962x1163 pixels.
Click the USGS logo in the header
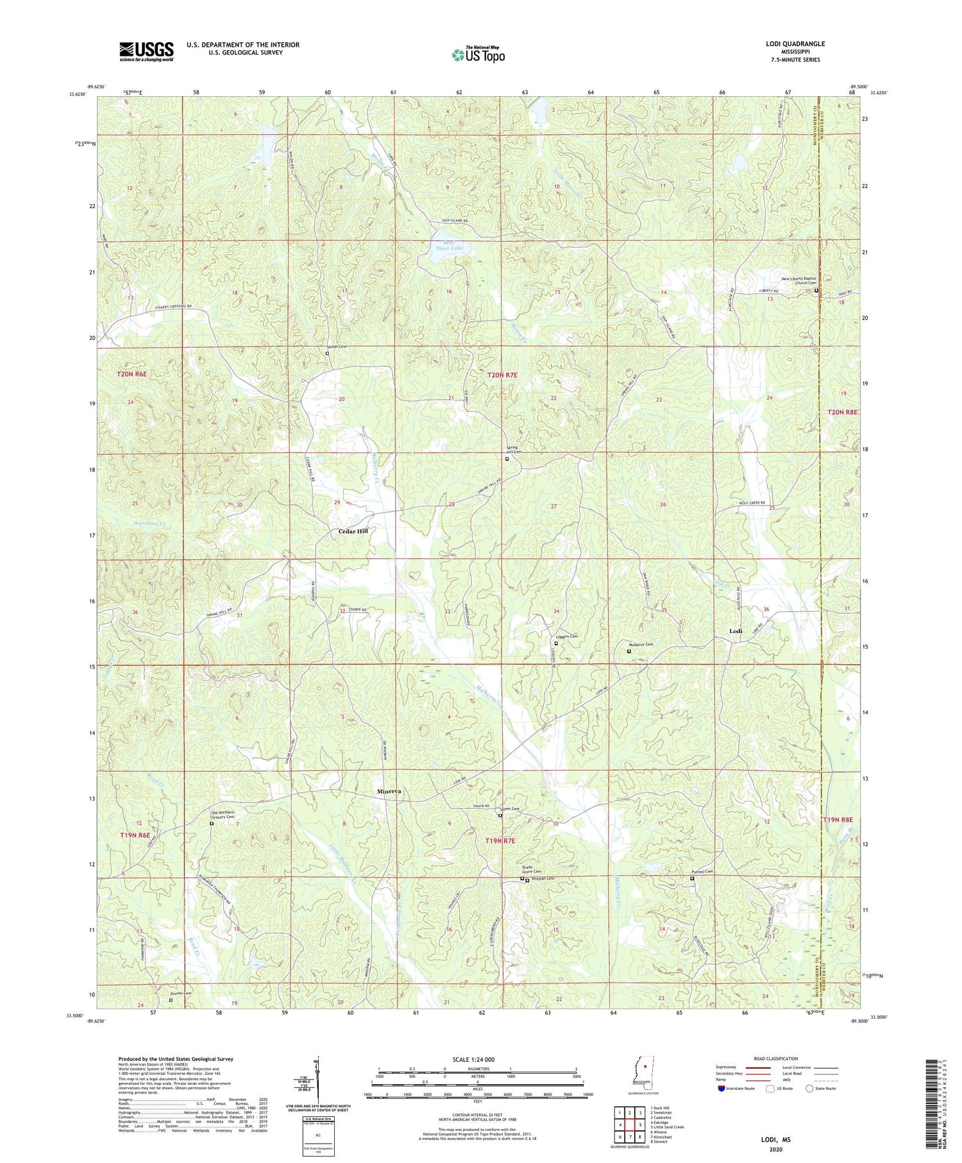[146, 51]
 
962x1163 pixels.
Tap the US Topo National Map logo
[478, 55]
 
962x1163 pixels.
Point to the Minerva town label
[389, 792]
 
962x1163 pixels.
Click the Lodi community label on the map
[736, 631]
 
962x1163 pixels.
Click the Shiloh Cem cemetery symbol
[327, 353]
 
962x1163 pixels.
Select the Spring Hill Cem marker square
[507, 459]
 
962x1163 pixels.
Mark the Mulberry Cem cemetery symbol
[629, 651]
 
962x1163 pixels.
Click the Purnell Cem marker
[692, 878]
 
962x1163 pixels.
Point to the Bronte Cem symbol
[171, 999]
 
